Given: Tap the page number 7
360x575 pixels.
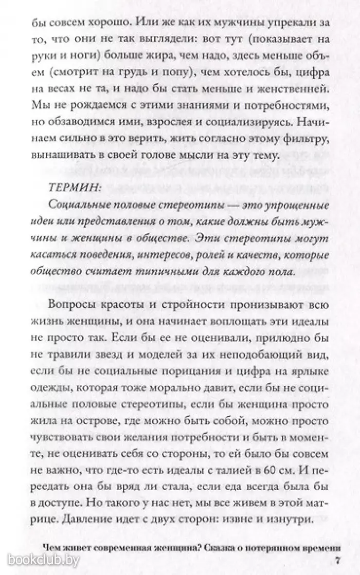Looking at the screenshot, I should [x=337, y=559].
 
